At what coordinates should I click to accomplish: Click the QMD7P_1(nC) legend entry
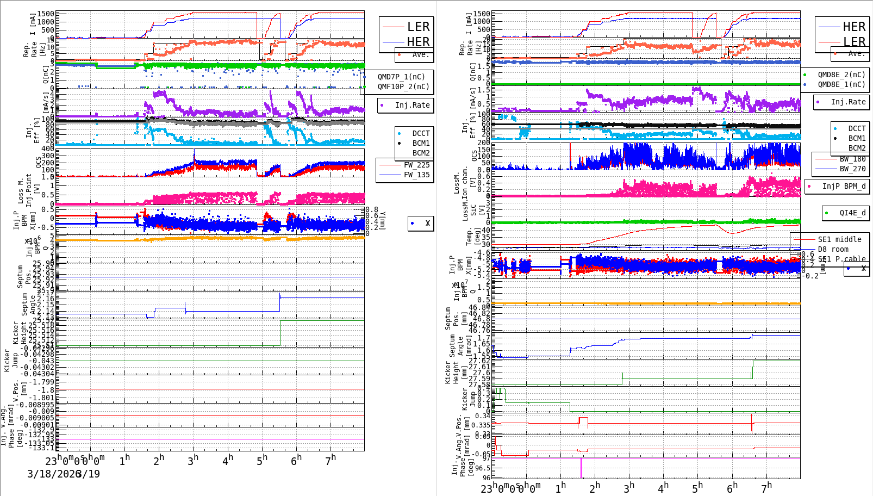401,77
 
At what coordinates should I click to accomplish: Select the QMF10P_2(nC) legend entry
403,86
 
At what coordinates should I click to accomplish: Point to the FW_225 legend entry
416,165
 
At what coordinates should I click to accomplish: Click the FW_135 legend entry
416,175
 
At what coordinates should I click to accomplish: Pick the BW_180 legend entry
852,159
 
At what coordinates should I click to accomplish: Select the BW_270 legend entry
852,169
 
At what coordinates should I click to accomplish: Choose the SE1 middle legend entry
839,239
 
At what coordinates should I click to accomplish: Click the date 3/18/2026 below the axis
54,474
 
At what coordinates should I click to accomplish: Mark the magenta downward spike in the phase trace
581,469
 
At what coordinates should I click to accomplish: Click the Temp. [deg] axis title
470,236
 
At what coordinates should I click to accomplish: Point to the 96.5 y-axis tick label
482,468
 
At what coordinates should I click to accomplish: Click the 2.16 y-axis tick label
47,299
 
